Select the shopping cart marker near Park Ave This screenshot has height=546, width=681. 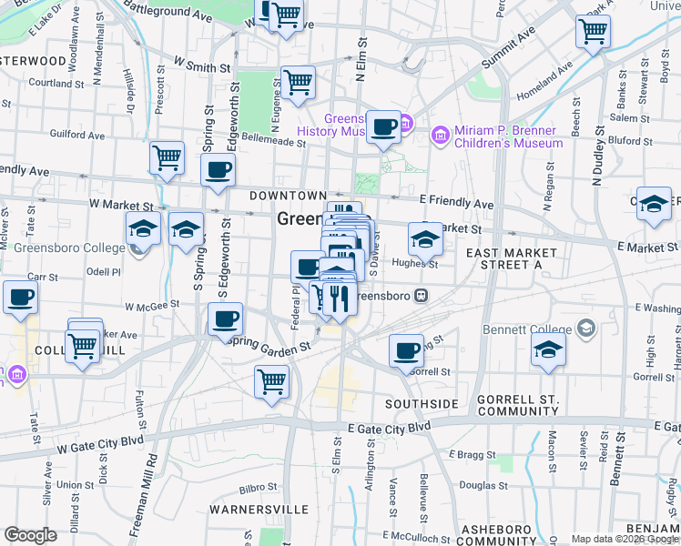(593, 33)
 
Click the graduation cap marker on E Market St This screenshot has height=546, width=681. (425, 241)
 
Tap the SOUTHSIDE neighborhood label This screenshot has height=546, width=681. (421, 403)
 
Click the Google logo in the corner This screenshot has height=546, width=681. (30, 535)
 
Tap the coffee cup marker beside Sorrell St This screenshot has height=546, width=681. (407, 351)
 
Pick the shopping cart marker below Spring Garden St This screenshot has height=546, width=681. (272, 382)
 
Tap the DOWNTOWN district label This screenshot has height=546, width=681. (289, 196)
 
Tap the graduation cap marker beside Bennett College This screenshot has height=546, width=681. (548, 352)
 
